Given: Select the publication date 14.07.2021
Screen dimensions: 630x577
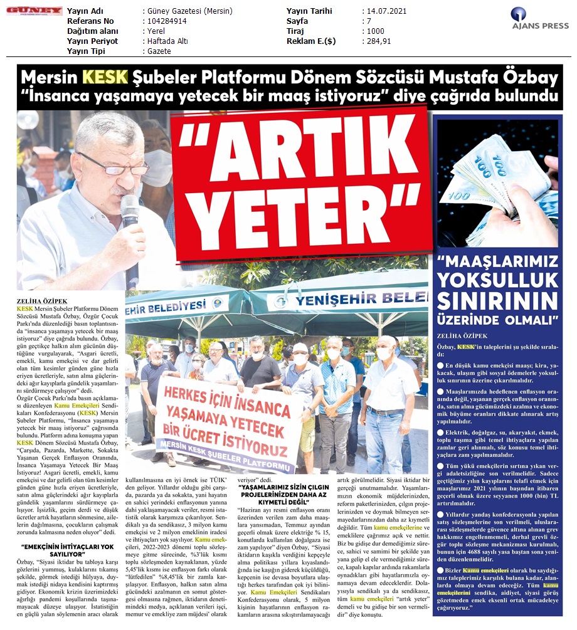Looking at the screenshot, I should [x=386, y=11].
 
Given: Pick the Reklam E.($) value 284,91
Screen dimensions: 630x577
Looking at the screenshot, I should [x=379, y=41].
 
